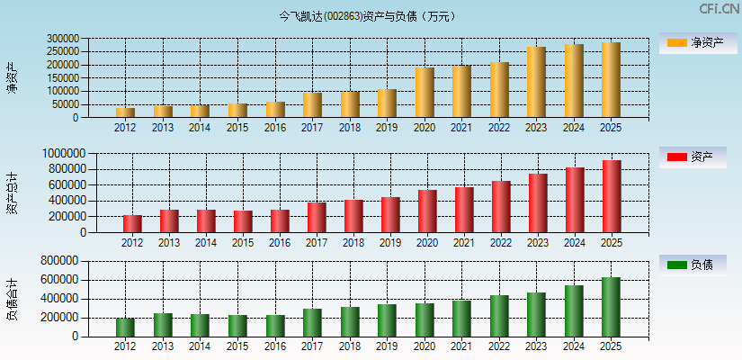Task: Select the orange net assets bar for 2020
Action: pos(425,93)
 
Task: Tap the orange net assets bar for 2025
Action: pos(612,80)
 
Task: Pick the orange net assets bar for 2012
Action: pos(125,112)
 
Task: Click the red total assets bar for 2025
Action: pos(612,196)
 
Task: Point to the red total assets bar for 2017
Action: pos(317,217)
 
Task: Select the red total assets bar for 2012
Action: pos(132,223)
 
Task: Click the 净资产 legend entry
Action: pos(693,42)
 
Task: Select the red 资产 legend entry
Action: pos(693,157)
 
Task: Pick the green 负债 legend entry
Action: pos(693,265)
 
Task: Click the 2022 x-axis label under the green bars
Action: pos(498,347)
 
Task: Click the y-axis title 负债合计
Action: pos(12,300)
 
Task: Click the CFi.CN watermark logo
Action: pos(719,9)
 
